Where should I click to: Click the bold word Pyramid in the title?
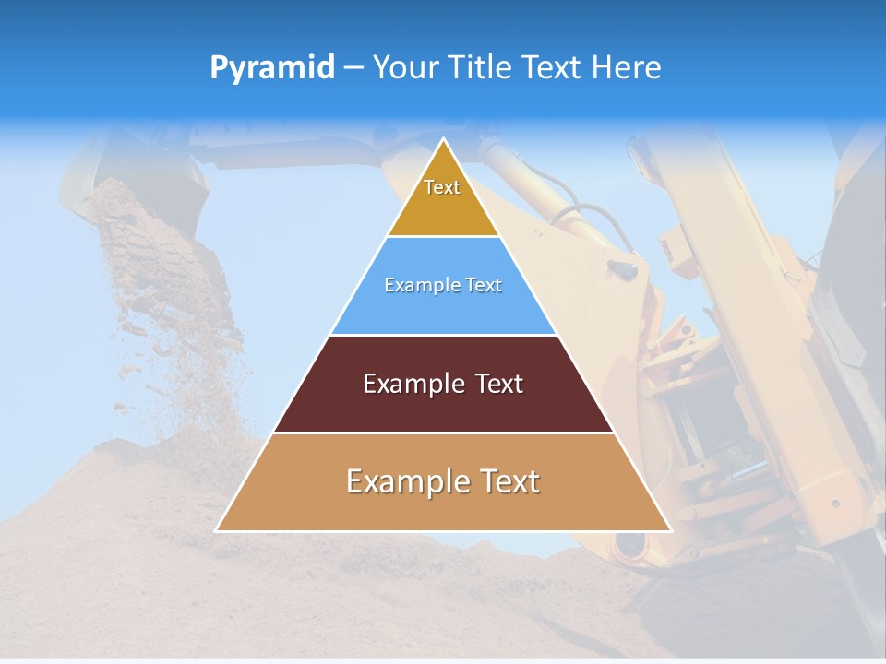pyautogui.click(x=272, y=68)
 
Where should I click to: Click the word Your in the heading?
pyautogui.click(x=406, y=68)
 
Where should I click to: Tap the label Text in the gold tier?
pyautogui.click(x=442, y=187)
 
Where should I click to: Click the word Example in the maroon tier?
pyautogui.click(x=410, y=384)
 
